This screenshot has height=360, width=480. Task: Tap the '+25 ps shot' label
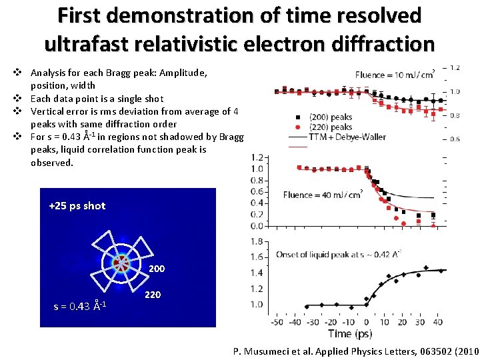(x=77, y=205)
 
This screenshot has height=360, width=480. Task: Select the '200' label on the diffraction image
(x=157, y=269)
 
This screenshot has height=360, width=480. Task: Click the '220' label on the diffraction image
(x=152, y=294)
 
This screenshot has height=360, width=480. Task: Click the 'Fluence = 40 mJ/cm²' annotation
(x=322, y=195)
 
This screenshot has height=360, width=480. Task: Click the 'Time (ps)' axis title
(x=350, y=333)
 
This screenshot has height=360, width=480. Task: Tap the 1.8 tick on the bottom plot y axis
(x=255, y=241)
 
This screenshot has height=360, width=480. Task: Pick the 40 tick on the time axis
(x=438, y=322)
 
